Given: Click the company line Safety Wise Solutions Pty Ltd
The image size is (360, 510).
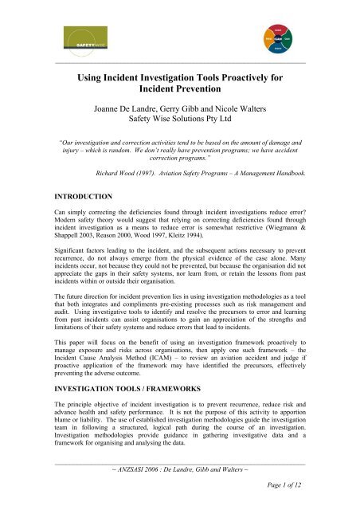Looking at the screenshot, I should coord(179,124).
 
